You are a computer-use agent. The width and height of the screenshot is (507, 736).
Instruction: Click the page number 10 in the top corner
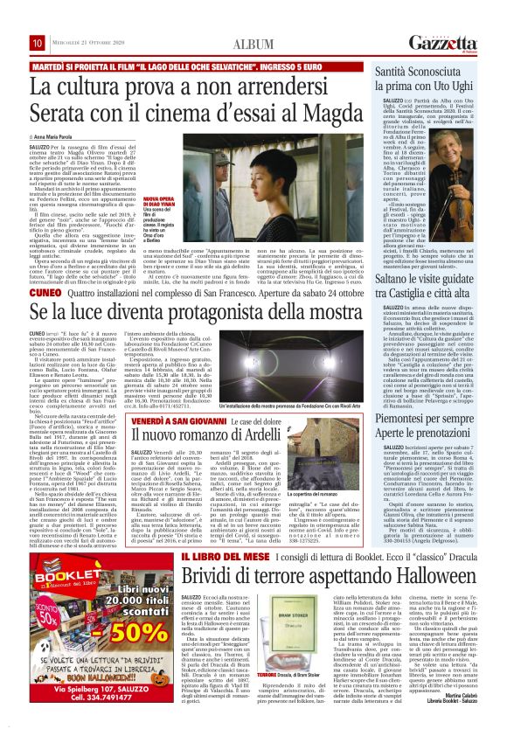click(38, 43)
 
